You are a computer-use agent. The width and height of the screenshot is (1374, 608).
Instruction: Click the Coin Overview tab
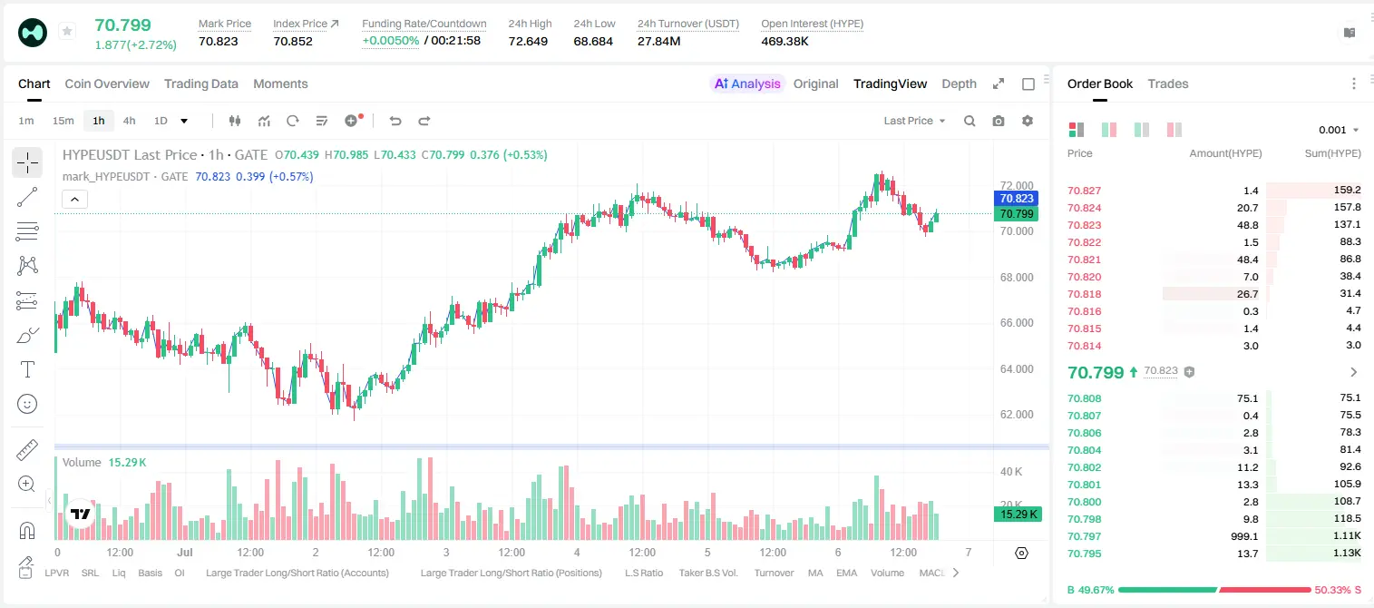point(107,83)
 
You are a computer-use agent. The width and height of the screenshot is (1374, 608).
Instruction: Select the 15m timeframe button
point(63,121)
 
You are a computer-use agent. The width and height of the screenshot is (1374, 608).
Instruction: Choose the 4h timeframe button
point(129,121)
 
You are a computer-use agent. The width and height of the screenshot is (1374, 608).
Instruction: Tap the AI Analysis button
point(747,83)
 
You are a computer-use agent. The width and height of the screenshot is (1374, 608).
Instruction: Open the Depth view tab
point(959,83)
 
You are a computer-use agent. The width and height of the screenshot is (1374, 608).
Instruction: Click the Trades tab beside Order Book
point(1168,83)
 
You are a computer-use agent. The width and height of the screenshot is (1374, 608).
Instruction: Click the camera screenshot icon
point(999,121)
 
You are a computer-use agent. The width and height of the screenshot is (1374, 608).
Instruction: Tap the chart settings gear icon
point(1028,121)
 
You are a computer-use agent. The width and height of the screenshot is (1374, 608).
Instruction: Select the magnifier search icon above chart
point(970,121)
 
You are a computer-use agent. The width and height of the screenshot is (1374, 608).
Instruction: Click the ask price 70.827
point(1084,191)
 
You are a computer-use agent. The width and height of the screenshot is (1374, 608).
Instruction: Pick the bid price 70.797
point(1084,536)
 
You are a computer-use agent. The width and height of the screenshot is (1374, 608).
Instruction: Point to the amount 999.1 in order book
point(1244,536)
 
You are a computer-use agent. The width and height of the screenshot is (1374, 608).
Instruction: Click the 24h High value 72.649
point(528,41)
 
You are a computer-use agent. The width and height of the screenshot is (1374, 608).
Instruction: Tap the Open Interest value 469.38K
point(784,41)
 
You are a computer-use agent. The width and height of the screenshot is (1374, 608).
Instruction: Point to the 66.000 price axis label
point(1017,323)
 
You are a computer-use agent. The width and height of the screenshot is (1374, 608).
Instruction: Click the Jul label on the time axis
point(185,552)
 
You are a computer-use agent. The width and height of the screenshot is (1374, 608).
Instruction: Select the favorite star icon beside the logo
point(67,31)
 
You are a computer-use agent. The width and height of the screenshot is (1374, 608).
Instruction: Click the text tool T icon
point(27,369)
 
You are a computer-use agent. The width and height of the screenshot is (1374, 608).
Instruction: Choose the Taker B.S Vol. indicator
point(707,573)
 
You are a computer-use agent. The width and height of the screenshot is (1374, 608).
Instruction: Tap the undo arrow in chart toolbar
point(395,121)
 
